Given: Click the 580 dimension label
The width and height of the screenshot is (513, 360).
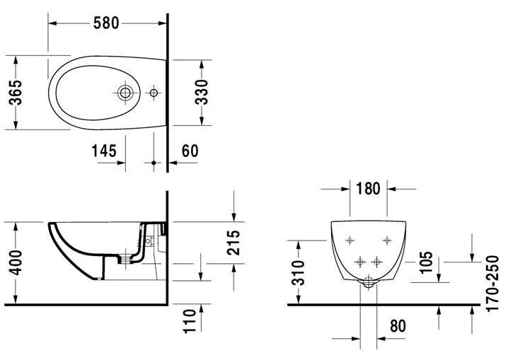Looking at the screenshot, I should coord(105,23).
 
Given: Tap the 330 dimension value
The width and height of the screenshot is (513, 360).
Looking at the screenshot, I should coord(202,93).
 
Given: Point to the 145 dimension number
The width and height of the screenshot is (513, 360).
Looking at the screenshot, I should coord(104,151).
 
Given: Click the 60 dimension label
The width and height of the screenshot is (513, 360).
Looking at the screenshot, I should coord(190,151).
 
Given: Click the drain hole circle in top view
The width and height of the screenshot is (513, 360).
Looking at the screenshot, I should coord(126,93).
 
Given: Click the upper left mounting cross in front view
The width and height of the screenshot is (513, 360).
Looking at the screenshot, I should coord(349,241).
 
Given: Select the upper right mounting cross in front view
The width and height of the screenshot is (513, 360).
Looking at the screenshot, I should coord(387,241).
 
